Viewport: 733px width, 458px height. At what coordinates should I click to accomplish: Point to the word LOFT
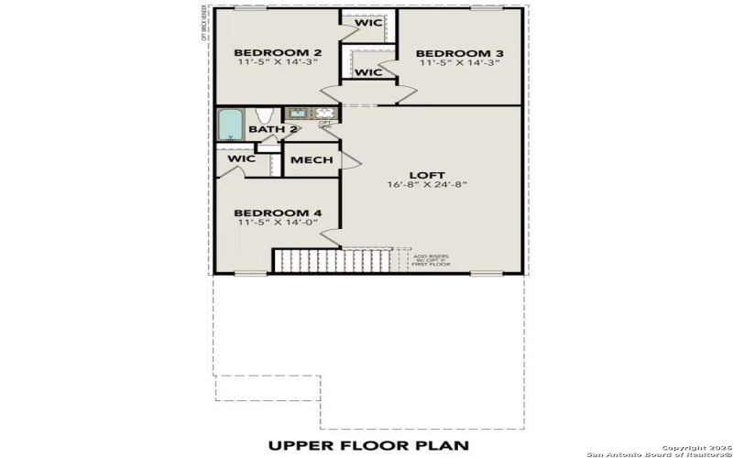pos(426,173)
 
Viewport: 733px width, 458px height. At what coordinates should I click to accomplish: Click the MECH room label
pos(312,160)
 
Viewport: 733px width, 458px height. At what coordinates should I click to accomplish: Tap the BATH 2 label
pos(272,129)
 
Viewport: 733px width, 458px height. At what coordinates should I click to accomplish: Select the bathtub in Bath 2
pos(230,124)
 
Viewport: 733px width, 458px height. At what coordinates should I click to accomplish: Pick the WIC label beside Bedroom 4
pos(241,158)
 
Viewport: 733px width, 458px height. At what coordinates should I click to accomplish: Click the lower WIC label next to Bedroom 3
pos(368,71)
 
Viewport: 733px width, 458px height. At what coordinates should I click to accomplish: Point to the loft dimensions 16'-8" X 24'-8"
pos(426,184)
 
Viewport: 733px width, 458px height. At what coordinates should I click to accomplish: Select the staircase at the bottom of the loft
pos(334,260)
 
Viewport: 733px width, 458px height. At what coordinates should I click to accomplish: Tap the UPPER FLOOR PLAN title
pos(367,445)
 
